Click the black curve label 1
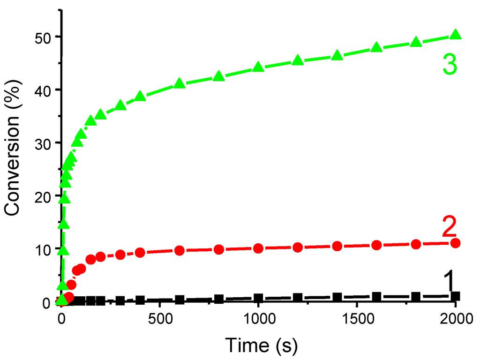click(449, 281)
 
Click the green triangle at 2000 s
click(455, 35)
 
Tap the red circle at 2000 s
click(455, 243)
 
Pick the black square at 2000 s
click(455, 296)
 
